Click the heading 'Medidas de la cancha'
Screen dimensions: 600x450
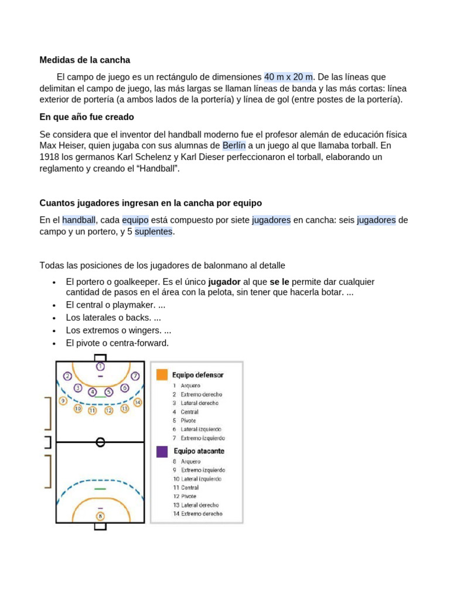click(84, 60)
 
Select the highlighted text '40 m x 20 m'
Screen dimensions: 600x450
click(289, 77)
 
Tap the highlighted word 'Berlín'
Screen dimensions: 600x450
click(234, 145)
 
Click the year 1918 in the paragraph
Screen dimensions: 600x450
click(50, 157)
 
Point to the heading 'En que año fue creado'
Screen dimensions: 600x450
click(87, 117)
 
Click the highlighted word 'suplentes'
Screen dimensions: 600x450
click(154, 231)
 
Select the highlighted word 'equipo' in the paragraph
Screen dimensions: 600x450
click(135, 220)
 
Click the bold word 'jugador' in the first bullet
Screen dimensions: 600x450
click(224, 282)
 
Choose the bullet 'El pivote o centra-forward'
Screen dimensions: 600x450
click(117, 343)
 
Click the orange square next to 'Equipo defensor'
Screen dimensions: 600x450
click(162, 374)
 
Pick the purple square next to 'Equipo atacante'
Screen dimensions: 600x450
click(162, 452)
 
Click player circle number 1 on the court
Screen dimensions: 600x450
click(100, 366)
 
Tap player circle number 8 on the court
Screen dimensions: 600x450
click(100, 516)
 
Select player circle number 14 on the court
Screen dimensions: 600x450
click(137, 403)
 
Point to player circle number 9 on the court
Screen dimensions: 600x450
click(63, 401)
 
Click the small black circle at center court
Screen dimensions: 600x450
click(100, 442)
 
